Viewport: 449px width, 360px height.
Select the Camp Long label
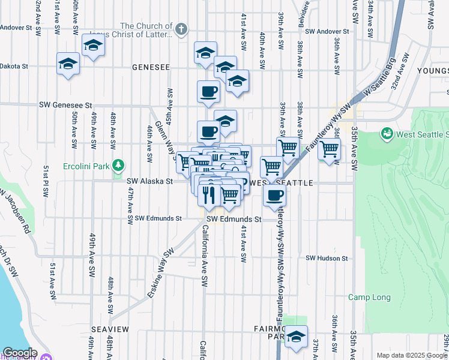(x=369, y=297)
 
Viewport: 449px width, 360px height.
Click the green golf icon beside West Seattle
(x=387, y=133)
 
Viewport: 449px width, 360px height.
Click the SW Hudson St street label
(x=327, y=258)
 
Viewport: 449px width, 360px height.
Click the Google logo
(x=20, y=353)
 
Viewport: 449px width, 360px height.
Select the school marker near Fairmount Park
(x=295, y=337)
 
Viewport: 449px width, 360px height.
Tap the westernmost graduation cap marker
(x=68, y=64)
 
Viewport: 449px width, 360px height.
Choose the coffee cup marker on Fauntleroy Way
(x=274, y=194)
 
